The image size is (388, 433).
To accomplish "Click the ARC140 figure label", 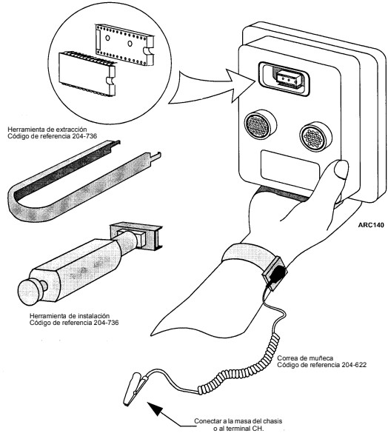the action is tap(371, 225).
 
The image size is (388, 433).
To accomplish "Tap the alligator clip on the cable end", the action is tap(136, 388).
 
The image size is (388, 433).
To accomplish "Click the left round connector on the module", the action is tap(260, 125).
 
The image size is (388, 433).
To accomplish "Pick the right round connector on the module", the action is tap(315, 137).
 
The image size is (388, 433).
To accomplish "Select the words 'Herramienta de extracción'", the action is tap(47, 130).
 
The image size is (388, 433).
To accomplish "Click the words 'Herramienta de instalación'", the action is tap(70, 315).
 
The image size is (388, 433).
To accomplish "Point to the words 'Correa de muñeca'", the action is tap(305, 358).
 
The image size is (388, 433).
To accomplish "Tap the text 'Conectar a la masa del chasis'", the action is tap(238, 421).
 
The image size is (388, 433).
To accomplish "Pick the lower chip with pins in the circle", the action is tap(87, 73).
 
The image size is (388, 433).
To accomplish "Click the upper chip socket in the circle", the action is tap(124, 44).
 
